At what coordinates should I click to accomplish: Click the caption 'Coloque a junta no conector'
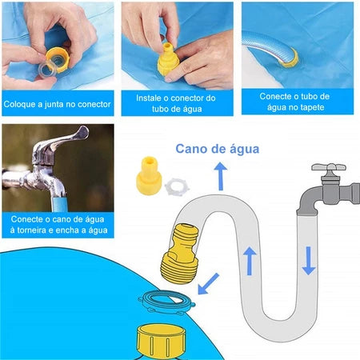click(57, 104)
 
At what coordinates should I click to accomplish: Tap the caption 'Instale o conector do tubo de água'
click(177, 104)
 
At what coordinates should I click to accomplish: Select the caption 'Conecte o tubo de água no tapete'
click(295, 104)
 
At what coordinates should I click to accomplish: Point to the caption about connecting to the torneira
click(57, 225)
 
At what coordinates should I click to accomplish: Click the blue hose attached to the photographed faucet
click(55, 190)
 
